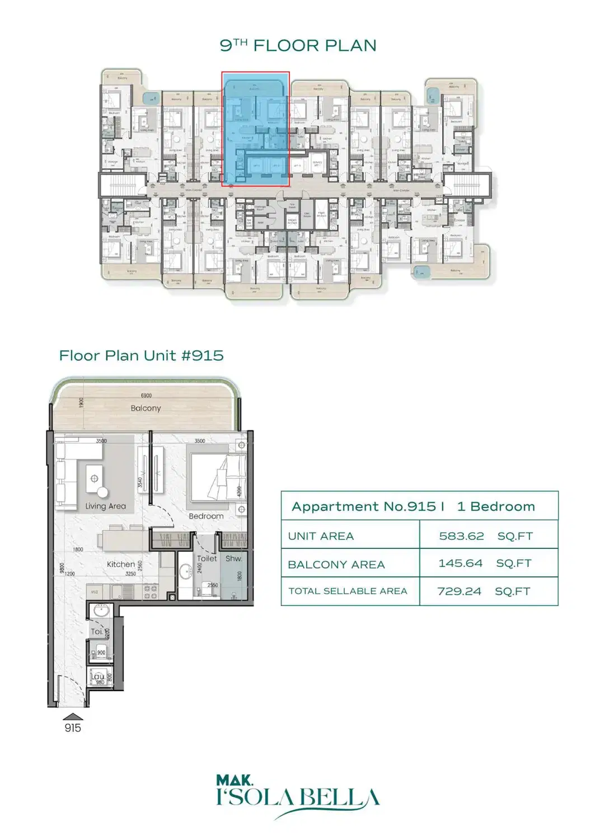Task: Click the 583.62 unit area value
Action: tap(461, 536)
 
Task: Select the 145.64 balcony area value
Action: tap(460, 563)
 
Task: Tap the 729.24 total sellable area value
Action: tap(459, 591)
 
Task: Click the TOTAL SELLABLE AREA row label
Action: tap(348, 591)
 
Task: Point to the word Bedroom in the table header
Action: tap(502, 507)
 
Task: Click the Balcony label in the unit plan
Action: tap(146, 408)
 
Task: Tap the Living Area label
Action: tap(105, 506)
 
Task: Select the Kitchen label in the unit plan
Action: tap(121, 565)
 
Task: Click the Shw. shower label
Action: tap(233, 559)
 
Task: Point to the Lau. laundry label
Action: tap(97, 677)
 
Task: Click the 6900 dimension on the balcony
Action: tap(146, 396)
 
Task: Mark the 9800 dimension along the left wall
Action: tap(62, 568)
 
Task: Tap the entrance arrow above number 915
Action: tap(73, 717)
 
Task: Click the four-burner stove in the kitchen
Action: tap(151, 592)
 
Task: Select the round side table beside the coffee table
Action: tap(102, 492)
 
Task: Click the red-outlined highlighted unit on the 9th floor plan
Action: tap(255, 129)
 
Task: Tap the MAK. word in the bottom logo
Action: tap(235, 780)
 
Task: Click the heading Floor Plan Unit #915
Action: tap(142, 356)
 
